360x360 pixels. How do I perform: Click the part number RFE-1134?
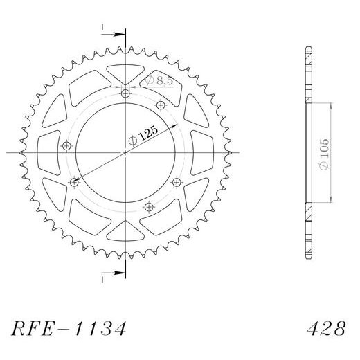(69, 328)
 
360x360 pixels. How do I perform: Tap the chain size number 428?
(326, 328)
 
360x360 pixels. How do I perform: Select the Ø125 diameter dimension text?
(143, 136)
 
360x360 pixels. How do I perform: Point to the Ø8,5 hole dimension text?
(159, 81)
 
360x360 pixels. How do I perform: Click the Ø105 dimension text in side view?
(324, 154)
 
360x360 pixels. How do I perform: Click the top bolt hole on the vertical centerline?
(125, 93)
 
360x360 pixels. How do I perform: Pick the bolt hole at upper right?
(161, 105)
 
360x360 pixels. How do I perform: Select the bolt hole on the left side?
(67, 146)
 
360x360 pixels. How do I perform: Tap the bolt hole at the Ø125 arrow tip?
(74, 183)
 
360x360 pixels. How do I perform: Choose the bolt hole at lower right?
(177, 183)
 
